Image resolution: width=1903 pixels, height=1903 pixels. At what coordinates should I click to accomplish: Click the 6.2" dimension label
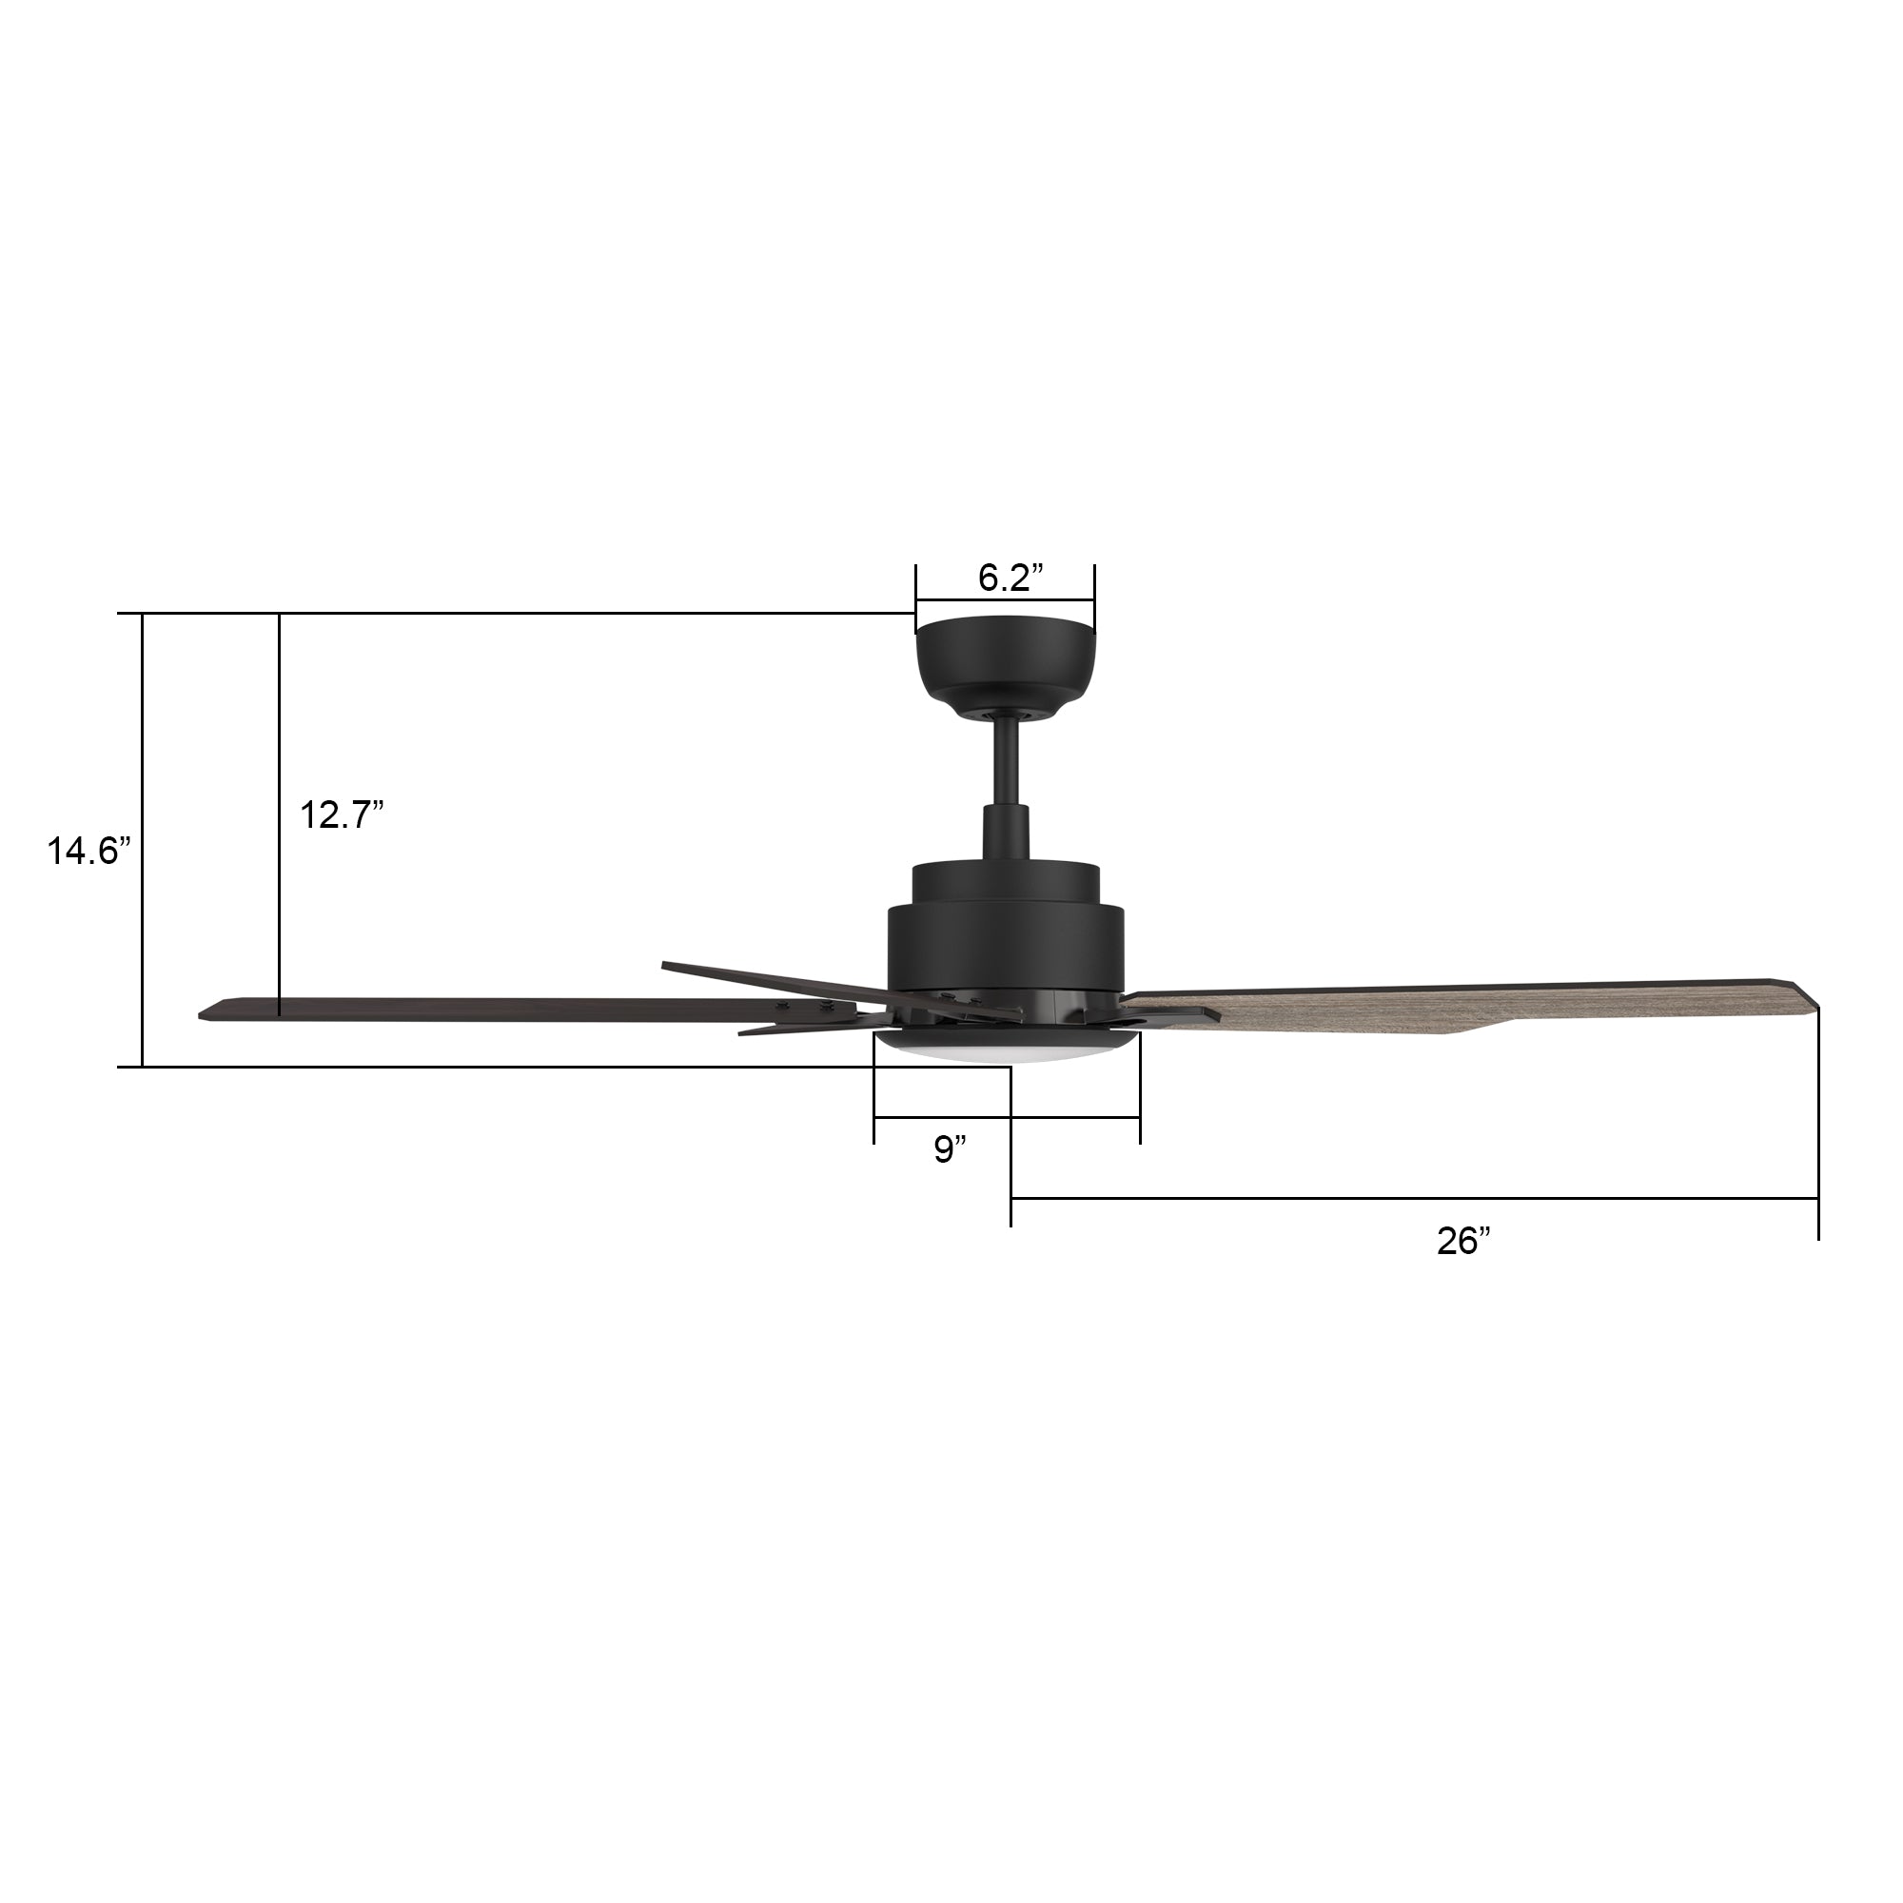(1004, 579)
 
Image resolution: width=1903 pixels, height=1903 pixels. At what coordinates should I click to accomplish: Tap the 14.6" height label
(88, 850)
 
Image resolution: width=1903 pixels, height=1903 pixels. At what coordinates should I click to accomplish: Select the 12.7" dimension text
(341, 814)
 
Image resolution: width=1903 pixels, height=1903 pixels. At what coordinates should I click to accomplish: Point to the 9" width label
(950, 1148)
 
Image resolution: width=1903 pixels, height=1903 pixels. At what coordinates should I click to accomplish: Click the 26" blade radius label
(1463, 1241)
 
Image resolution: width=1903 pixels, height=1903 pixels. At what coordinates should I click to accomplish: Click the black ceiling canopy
(1005, 660)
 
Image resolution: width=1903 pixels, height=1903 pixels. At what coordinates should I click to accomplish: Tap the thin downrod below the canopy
(1006, 768)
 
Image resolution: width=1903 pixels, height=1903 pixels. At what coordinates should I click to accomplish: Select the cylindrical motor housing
(1006, 946)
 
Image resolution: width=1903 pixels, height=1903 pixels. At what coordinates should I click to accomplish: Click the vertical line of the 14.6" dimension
(143, 837)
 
